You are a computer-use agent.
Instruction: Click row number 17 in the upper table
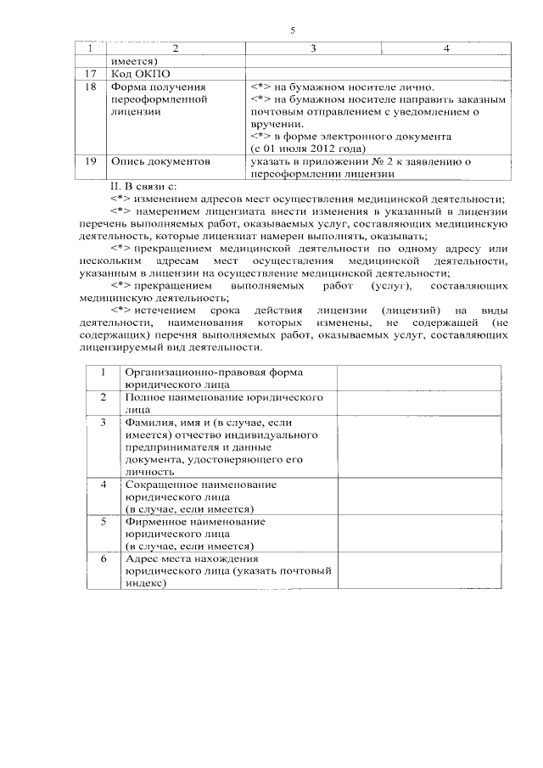click(91, 74)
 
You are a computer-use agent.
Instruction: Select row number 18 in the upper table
click(91, 87)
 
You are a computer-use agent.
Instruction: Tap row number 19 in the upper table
click(91, 160)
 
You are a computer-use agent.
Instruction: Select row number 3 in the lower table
click(104, 422)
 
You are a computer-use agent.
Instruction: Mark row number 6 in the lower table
click(104, 559)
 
